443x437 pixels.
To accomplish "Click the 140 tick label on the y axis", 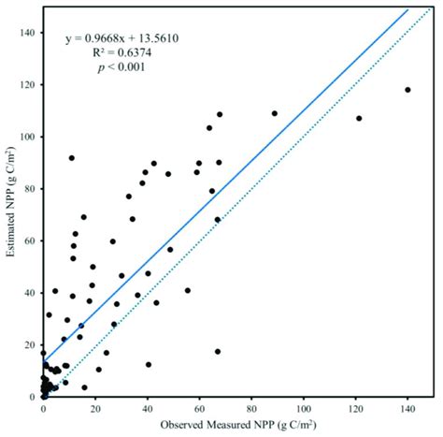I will (x=27, y=33).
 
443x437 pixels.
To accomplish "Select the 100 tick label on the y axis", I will (x=27, y=137).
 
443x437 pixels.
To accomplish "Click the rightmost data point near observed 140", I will (x=407, y=90).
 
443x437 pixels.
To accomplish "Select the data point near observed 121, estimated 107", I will (x=359, y=118).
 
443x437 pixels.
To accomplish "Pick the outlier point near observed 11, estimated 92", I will (x=71, y=158).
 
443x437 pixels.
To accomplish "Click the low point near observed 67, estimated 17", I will (x=218, y=352).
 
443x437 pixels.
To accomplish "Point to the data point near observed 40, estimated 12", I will (x=148, y=365).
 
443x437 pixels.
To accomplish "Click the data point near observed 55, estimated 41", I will (x=188, y=290).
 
